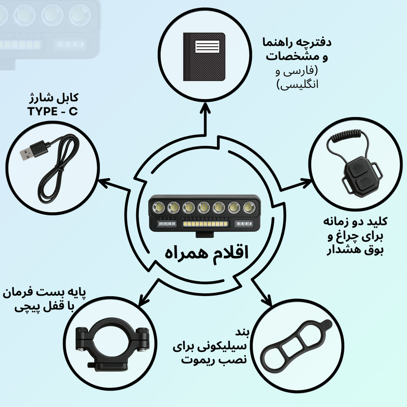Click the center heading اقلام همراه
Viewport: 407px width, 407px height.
point(203,253)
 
